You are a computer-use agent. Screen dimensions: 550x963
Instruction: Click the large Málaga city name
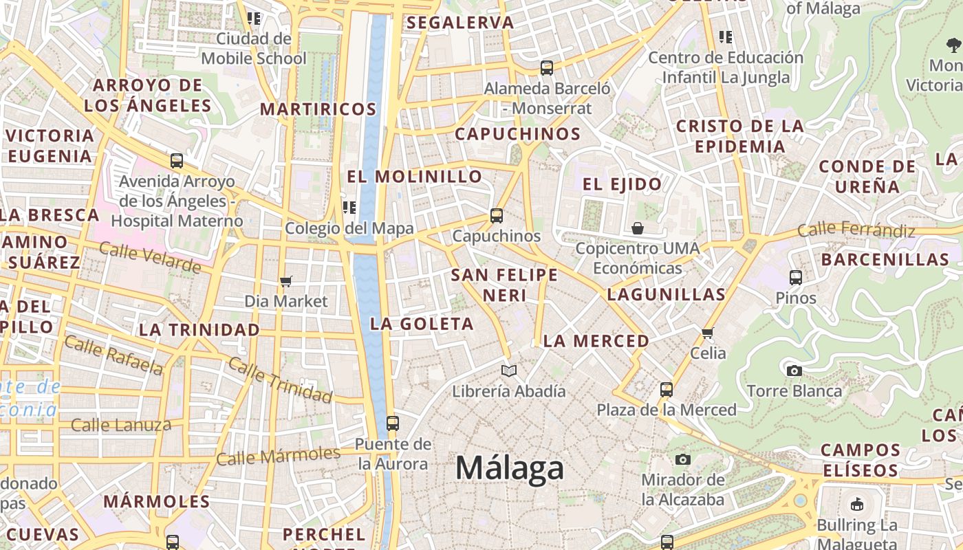click(x=510, y=469)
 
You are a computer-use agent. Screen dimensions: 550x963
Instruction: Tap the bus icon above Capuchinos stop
click(x=497, y=216)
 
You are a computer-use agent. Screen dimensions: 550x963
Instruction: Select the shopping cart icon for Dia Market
click(x=286, y=281)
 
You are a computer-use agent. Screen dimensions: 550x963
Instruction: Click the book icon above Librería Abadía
click(x=509, y=371)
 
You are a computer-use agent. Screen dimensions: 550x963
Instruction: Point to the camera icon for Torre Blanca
click(x=794, y=371)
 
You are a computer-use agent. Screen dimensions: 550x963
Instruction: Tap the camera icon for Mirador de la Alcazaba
click(x=683, y=459)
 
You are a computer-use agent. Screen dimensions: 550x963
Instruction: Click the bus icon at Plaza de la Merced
click(x=666, y=390)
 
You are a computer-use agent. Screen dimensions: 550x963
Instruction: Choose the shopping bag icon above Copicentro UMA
click(x=638, y=228)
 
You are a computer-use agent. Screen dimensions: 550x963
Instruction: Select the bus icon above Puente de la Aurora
click(x=393, y=423)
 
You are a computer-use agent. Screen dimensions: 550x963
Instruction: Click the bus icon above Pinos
click(x=796, y=278)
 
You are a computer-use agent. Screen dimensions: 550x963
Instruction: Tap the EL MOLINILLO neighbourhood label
click(x=414, y=177)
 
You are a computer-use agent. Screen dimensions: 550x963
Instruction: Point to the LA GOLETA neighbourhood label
click(x=422, y=324)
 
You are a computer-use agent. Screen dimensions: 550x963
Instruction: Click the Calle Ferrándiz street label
click(x=856, y=230)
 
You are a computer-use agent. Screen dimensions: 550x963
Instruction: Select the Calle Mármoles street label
click(x=278, y=456)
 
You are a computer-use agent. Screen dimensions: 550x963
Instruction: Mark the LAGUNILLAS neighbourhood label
click(x=666, y=295)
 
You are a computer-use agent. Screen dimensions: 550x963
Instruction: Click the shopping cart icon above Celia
click(x=708, y=333)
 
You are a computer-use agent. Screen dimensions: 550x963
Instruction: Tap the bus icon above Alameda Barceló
click(x=547, y=68)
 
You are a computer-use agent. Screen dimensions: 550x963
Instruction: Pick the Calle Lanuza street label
click(x=121, y=425)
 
